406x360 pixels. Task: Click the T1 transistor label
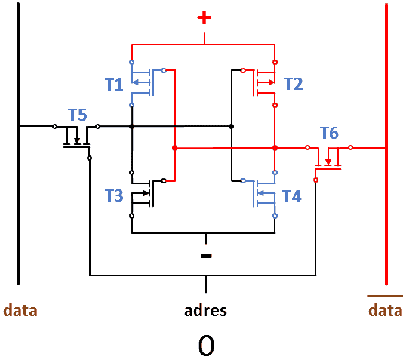(x=114, y=85)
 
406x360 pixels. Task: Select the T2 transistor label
(x=294, y=84)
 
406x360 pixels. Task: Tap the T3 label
(x=114, y=195)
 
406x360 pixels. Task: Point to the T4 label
(x=292, y=196)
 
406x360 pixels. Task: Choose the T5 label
(x=78, y=115)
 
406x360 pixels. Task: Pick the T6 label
(x=329, y=133)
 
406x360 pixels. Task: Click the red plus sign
(x=204, y=17)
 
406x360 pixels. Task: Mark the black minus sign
(x=206, y=256)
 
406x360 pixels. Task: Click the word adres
(x=205, y=311)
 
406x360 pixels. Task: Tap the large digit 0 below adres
(x=206, y=346)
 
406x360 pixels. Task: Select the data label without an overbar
(x=20, y=310)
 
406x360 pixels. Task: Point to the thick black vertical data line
(x=18, y=143)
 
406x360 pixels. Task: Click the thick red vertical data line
(x=386, y=143)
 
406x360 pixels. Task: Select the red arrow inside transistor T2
(x=266, y=82)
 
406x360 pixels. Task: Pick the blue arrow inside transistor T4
(x=266, y=193)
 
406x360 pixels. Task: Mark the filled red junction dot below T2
(x=275, y=148)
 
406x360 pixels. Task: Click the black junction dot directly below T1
(x=132, y=126)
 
